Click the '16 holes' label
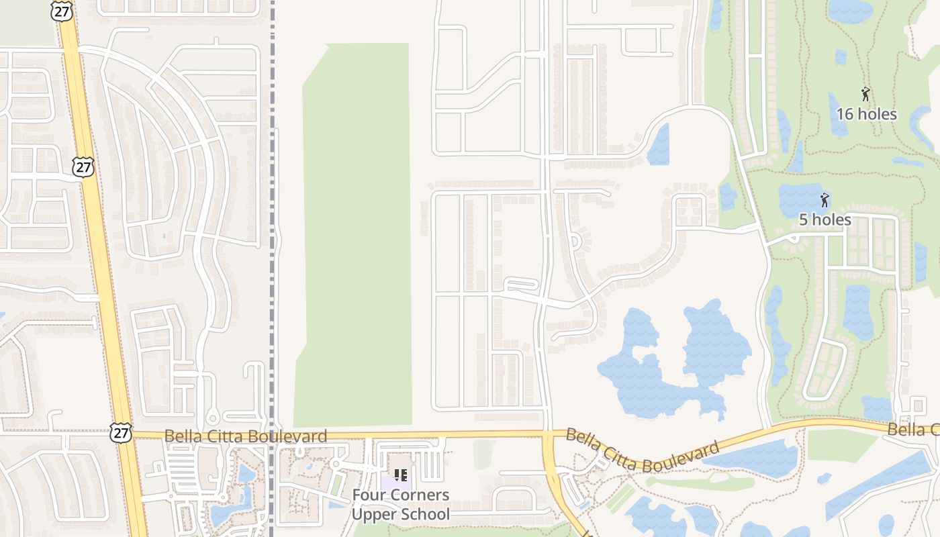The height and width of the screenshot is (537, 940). (865, 114)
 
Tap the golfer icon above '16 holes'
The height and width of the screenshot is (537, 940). (865, 94)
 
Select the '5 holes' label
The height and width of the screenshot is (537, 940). (825, 219)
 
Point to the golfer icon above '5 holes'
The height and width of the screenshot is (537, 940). (825, 199)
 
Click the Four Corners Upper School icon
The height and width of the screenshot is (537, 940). (401, 476)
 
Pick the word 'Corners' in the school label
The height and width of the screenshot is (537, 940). (418, 495)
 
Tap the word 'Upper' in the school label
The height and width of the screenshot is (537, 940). (373, 515)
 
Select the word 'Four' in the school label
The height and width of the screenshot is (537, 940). (368, 495)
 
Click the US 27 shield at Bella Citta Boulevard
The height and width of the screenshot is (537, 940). (121, 433)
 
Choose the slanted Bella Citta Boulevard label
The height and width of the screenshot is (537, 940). (643, 451)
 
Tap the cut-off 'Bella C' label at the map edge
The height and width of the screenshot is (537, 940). (912, 430)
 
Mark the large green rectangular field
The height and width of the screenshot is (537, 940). (356, 235)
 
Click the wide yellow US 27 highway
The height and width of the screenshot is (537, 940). (101, 268)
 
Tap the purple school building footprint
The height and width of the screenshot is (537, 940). (389, 482)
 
